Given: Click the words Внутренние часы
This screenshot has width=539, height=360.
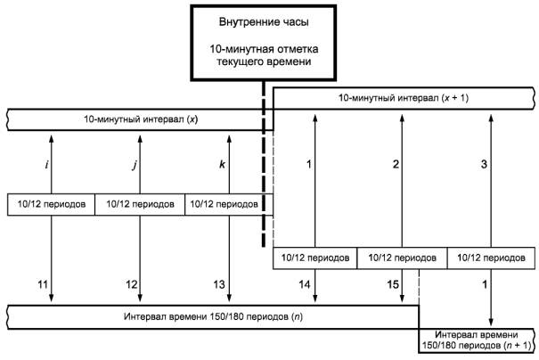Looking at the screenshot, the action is coord(264,22).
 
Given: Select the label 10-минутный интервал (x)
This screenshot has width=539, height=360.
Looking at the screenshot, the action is coord(141,119).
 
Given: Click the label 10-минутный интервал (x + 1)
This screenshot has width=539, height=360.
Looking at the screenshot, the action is coord(404,98).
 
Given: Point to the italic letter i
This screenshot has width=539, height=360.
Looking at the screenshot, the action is coord(46,164).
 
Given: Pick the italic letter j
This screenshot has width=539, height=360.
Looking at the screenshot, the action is coord(135,165).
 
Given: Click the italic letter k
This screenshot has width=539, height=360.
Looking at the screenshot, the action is coord(222,164).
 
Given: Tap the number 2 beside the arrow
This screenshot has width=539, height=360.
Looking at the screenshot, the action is coord(396,164).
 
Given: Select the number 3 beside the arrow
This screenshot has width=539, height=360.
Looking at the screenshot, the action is coord(484,164).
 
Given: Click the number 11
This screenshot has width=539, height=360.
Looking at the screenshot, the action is coord(43,284).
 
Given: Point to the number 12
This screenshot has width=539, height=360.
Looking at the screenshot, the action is coord(131,284).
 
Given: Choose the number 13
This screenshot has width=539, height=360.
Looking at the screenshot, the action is coord(219,284).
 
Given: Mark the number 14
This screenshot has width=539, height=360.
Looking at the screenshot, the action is coord(304,284).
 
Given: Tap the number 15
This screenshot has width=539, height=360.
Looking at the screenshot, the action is coord(393,284).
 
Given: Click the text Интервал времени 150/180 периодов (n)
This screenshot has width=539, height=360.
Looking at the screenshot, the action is coord(214,316).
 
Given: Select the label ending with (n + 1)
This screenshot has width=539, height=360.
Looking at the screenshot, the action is coord(477,340).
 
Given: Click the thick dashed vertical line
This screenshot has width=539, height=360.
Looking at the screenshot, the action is coord(264,164).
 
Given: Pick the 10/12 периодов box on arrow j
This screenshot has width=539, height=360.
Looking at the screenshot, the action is coord(140,204).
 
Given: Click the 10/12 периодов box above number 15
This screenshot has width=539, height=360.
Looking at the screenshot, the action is coord(402,258).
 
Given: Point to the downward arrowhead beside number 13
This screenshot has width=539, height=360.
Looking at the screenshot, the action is coord(229,298).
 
